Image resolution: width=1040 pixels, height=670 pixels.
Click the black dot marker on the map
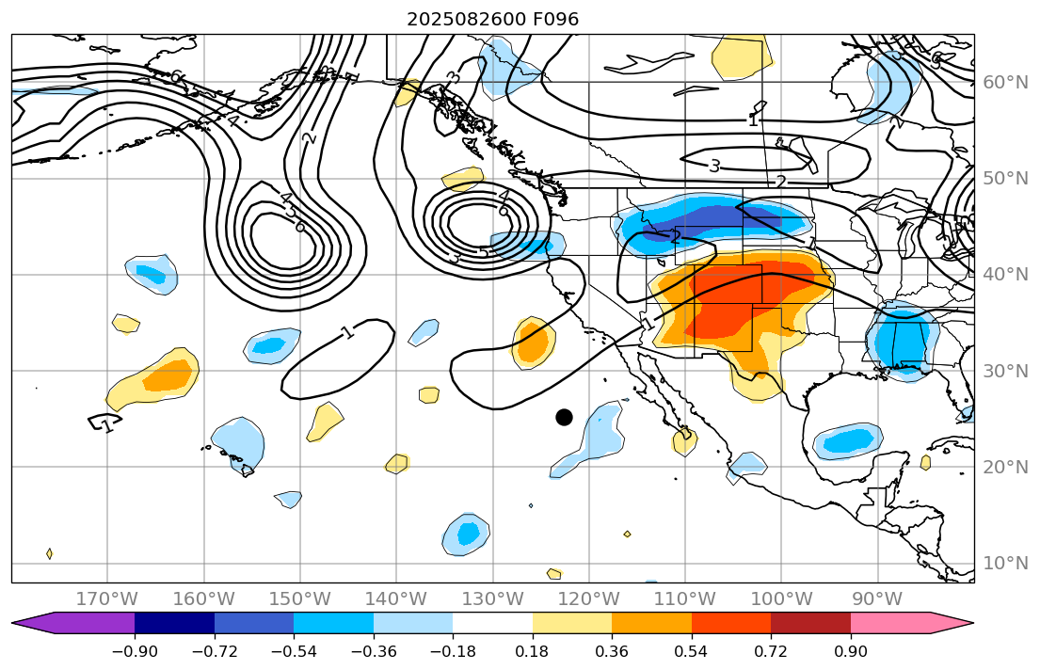click(x=564, y=417)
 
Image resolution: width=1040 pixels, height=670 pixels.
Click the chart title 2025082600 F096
click(x=492, y=20)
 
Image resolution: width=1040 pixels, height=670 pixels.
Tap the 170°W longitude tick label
click(x=107, y=599)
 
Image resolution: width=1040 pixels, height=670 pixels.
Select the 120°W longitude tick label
click(x=589, y=599)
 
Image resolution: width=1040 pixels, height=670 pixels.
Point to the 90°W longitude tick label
click(x=877, y=599)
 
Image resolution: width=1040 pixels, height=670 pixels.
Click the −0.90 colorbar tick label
click(x=135, y=652)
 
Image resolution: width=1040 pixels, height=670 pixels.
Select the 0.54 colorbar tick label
click(x=692, y=652)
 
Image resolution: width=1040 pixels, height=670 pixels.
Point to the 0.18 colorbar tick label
click(x=533, y=652)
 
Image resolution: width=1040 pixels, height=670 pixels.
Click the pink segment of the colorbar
click(x=889, y=623)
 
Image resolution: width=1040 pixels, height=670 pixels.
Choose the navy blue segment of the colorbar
click(x=174, y=623)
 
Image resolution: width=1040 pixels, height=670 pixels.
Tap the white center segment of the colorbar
click(x=492, y=623)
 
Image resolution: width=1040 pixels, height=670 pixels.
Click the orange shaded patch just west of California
click(x=534, y=344)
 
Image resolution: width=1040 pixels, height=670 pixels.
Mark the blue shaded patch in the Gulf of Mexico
click(x=847, y=440)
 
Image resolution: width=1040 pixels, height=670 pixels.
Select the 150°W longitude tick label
click(x=300, y=599)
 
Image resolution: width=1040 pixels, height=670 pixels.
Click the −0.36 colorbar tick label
click(x=374, y=652)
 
